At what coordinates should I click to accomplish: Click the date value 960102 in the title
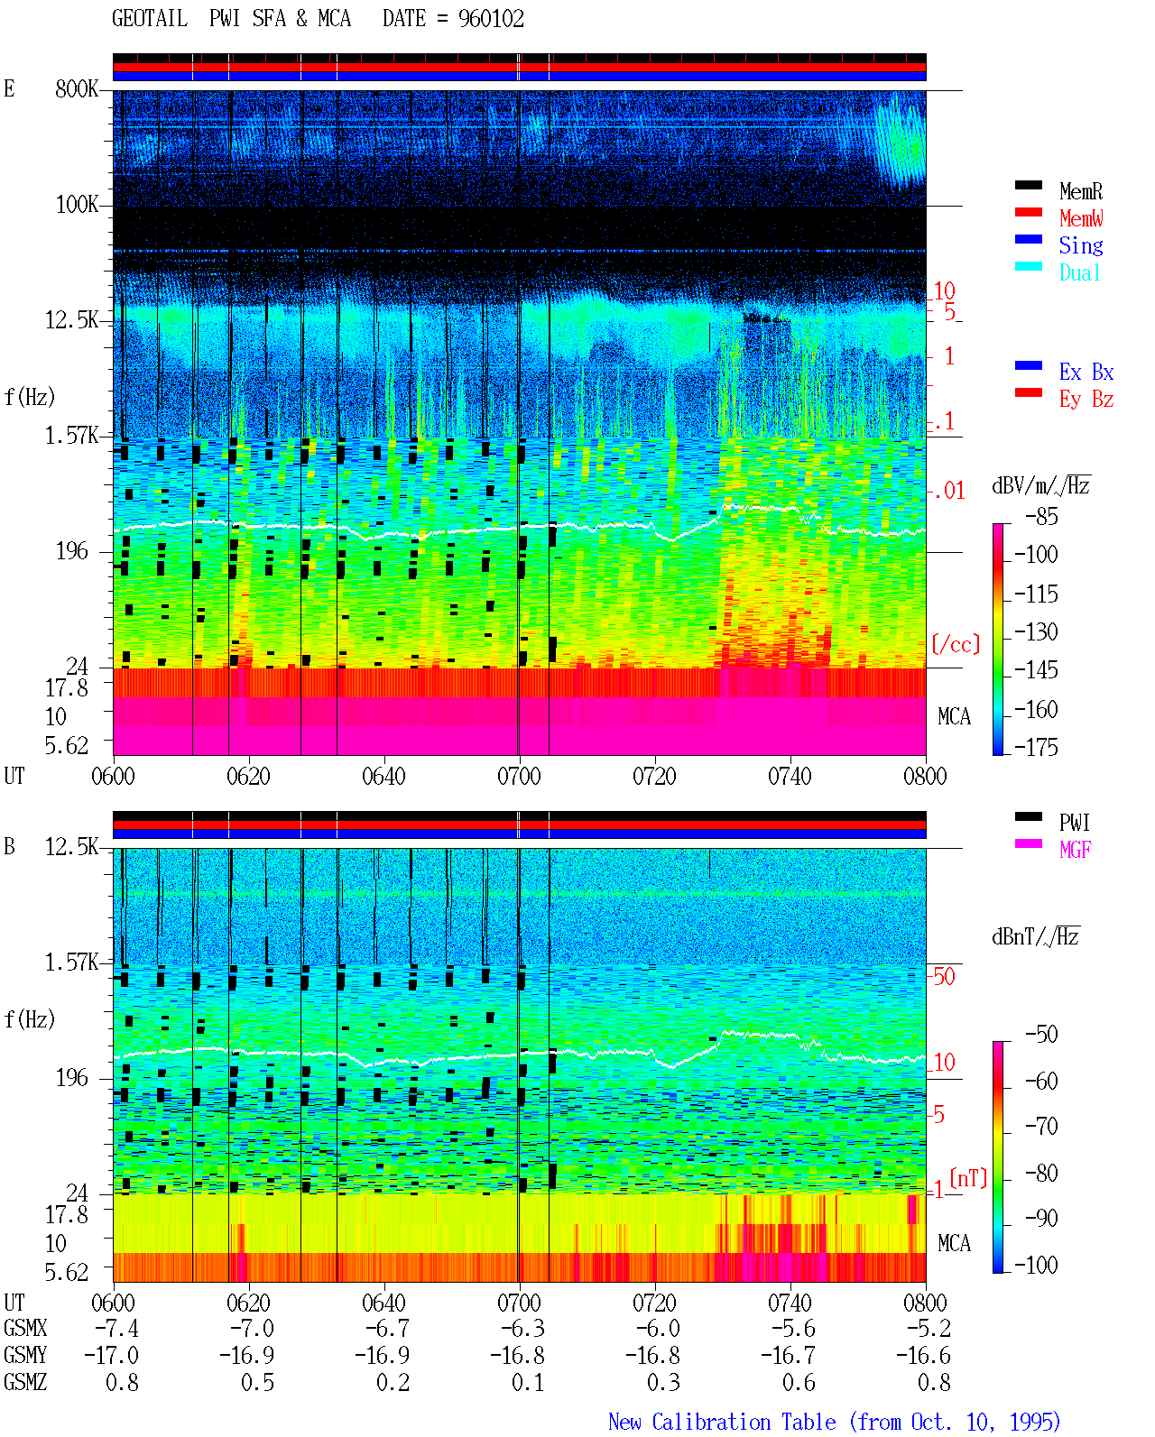[491, 18]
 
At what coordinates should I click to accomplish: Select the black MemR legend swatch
[1028, 185]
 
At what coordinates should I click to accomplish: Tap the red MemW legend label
[1081, 217]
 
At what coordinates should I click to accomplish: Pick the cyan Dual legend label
[1080, 272]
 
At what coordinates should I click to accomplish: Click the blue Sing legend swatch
[1028, 239]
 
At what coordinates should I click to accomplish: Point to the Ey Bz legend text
[1086, 399]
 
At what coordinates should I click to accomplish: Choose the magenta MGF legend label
[1075, 850]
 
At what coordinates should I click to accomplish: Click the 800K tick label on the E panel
[77, 88]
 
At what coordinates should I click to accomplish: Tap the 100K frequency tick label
[77, 205]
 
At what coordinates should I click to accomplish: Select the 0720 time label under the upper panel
[655, 776]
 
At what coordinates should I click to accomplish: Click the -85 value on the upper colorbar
[1041, 516]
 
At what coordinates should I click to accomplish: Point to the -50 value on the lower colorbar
[1041, 1034]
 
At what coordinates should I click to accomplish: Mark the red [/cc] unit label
[956, 644]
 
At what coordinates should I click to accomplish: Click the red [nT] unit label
[968, 1178]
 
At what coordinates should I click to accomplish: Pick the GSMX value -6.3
[522, 1328]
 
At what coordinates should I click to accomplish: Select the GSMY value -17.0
[111, 1355]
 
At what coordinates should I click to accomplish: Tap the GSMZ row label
[25, 1382]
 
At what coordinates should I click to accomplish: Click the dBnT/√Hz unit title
[1036, 936]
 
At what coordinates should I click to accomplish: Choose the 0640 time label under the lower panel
[384, 1302]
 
